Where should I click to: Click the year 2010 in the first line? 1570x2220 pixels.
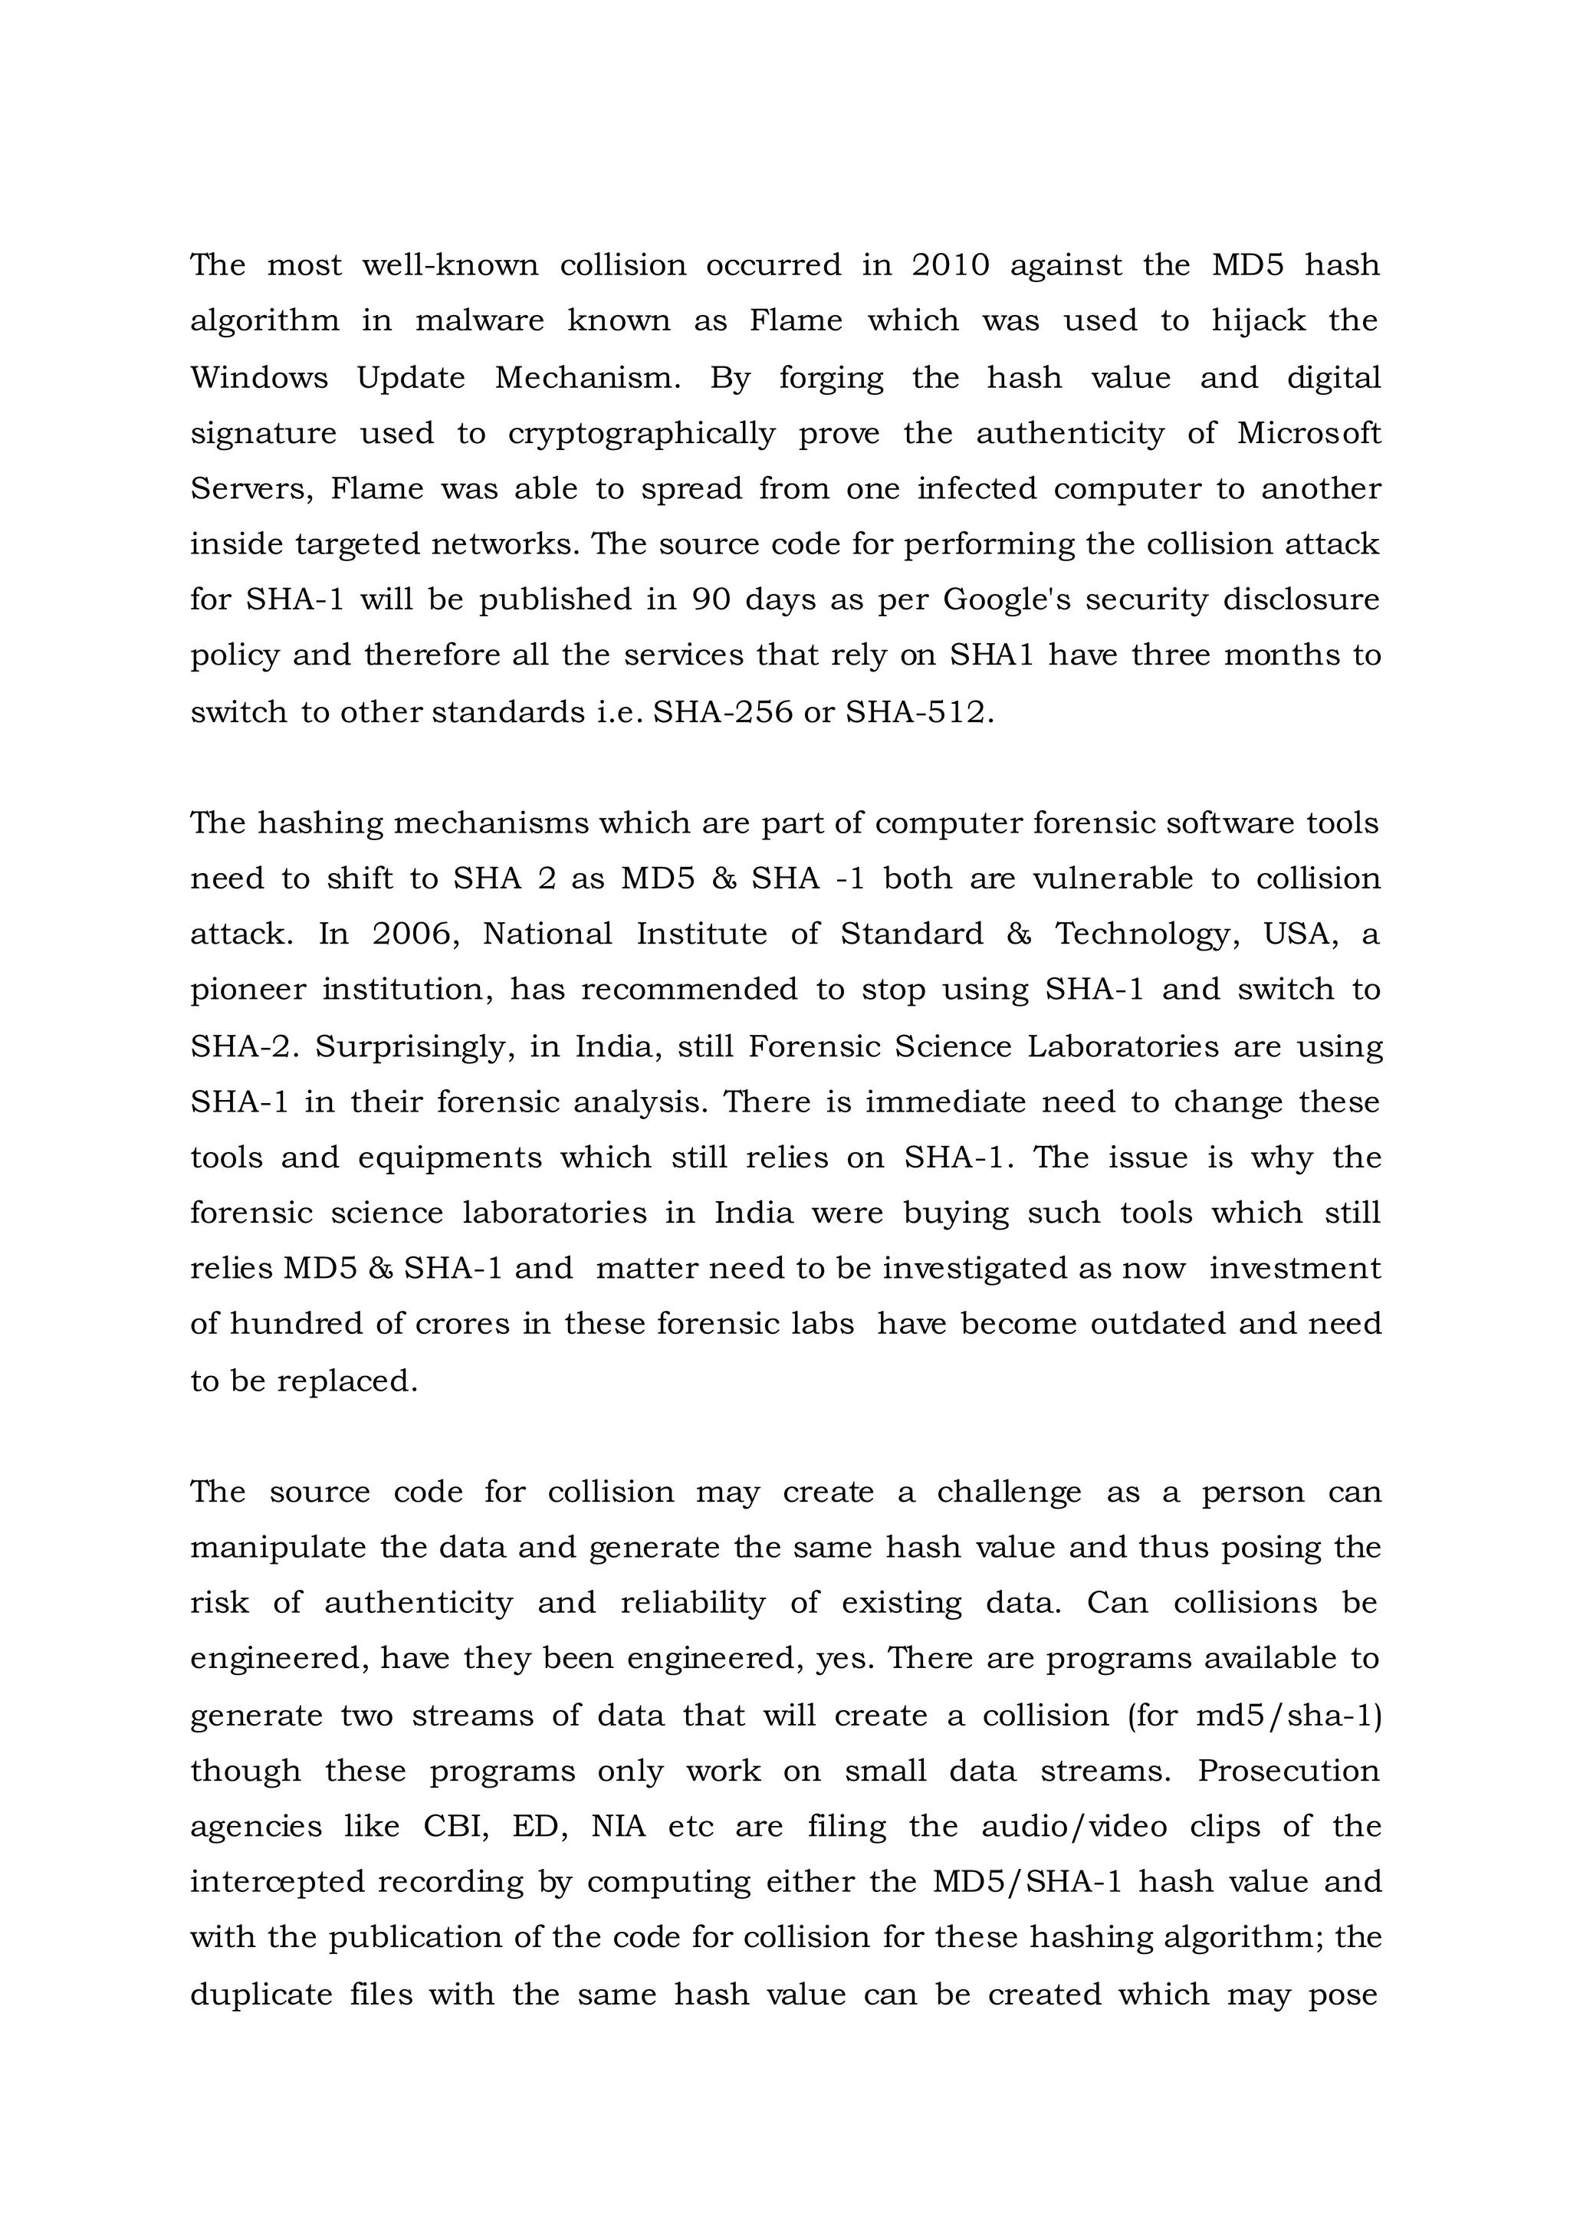(x=951, y=265)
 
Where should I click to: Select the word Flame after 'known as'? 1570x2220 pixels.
(x=796, y=321)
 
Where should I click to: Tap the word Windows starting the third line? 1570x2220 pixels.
(x=259, y=377)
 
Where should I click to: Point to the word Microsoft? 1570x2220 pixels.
(x=1309, y=433)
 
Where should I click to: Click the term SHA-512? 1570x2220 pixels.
(x=918, y=713)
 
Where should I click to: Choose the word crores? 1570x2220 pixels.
(x=461, y=1324)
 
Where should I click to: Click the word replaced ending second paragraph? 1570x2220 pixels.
(x=347, y=1381)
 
